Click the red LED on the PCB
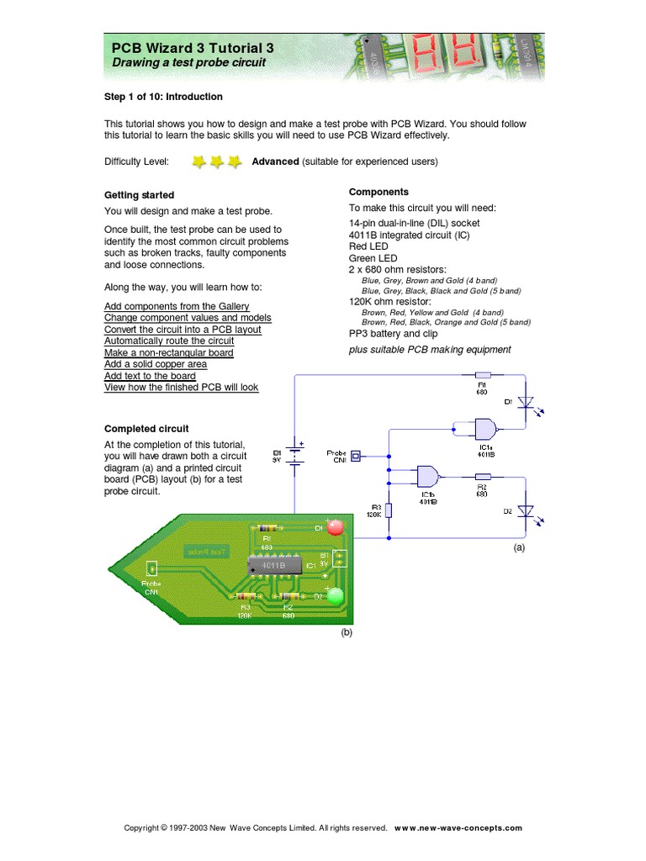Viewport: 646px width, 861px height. [x=335, y=527]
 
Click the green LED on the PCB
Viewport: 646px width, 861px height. [x=336, y=596]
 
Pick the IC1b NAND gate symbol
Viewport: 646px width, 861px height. [x=428, y=477]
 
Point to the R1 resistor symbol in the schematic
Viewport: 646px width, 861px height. [x=483, y=376]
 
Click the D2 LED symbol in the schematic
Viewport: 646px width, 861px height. [x=526, y=511]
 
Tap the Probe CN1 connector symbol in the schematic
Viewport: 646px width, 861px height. [x=355, y=456]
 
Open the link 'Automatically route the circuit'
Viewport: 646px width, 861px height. [x=169, y=341]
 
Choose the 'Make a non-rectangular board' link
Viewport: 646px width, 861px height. [x=169, y=353]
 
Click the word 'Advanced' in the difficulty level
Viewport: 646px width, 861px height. [x=275, y=161]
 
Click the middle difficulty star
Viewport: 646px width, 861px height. [x=217, y=161]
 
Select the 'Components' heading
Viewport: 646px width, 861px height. [x=379, y=192]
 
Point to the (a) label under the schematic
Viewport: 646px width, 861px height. [x=519, y=547]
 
